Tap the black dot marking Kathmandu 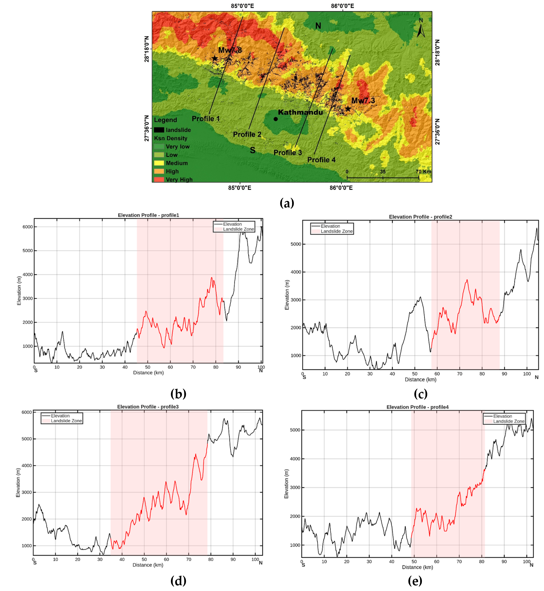[276, 119]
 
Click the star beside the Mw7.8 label [215, 58]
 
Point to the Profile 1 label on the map [206, 119]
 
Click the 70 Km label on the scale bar [423, 171]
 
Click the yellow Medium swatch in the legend [159, 163]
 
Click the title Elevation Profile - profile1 [148, 215]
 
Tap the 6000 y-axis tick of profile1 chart [28, 227]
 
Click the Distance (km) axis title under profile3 [148, 565]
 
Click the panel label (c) [420, 394]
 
